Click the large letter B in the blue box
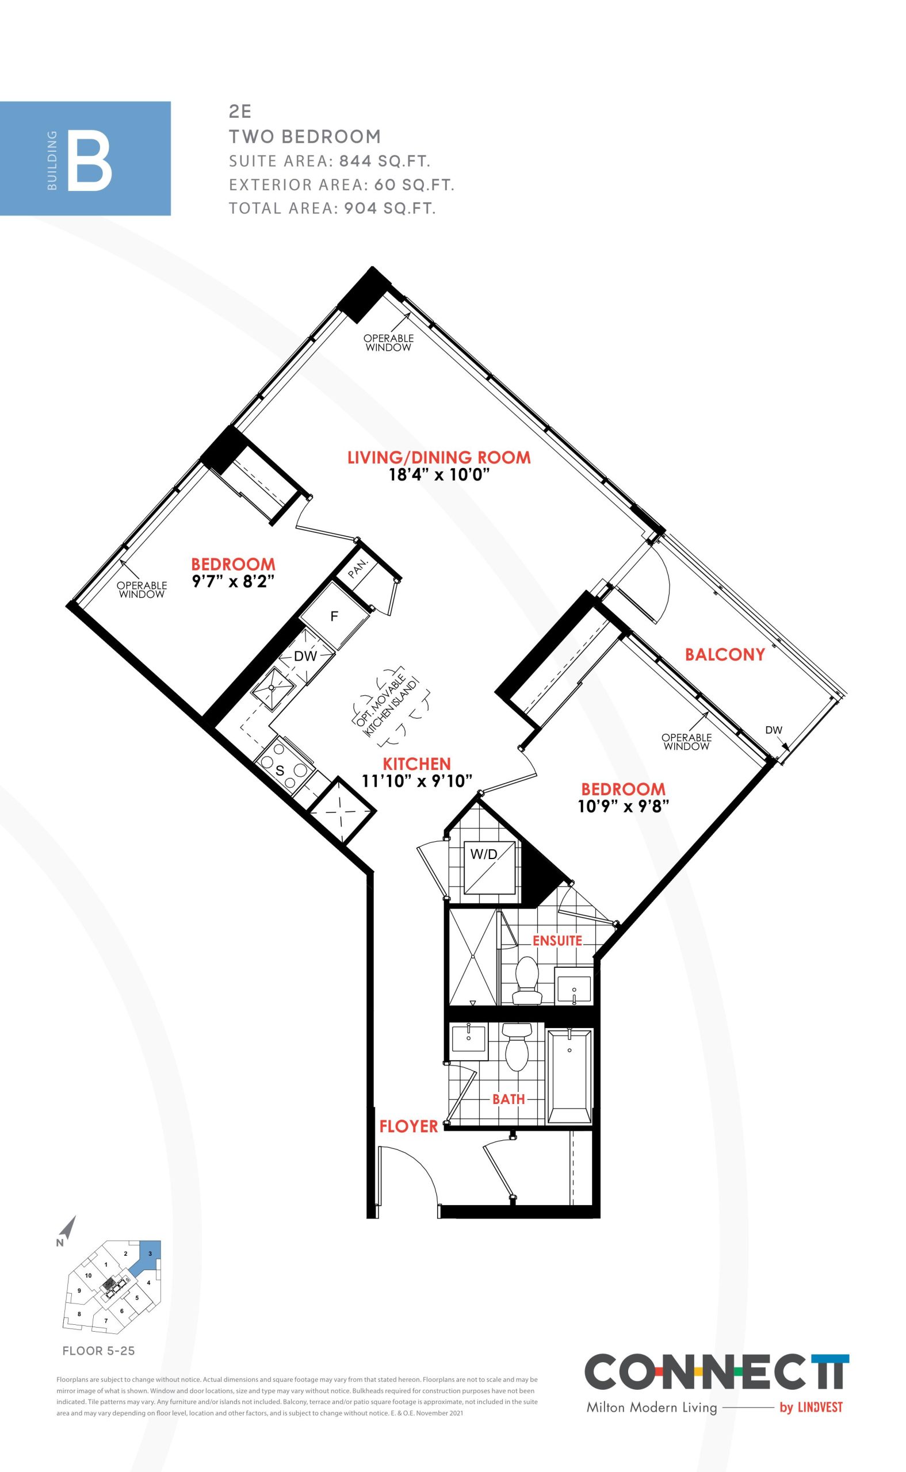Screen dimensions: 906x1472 click(89, 163)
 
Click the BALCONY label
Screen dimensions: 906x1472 click(725, 654)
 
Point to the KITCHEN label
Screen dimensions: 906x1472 click(417, 764)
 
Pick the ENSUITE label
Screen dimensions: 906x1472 click(557, 941)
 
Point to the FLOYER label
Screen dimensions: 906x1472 click(408, 1126)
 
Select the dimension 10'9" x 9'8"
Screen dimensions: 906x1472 click(623, 806)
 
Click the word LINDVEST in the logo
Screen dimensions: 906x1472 click(820, 1408)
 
